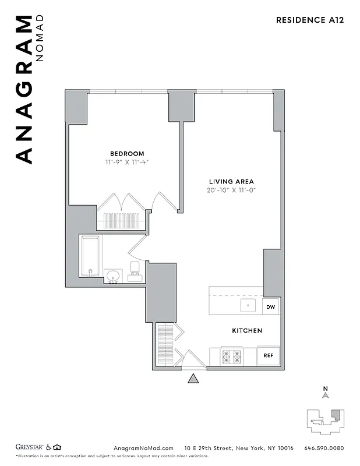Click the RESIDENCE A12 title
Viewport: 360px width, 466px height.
point(309,20)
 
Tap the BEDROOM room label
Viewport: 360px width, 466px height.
point(125,154)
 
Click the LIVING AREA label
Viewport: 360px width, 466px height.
point(231,181)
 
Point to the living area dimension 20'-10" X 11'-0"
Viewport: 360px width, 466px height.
point(231,190)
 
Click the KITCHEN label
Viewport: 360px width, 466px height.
point(247,330)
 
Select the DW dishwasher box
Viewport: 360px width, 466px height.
point(270,306)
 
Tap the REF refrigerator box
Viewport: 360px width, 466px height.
point(268,355)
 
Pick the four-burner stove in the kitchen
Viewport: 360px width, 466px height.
point(232,355)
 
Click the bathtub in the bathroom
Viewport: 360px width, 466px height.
point(90,256)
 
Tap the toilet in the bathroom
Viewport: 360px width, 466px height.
point(135,271)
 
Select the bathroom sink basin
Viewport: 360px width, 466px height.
point(112,276)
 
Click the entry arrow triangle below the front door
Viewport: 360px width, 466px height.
point(193,379)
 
